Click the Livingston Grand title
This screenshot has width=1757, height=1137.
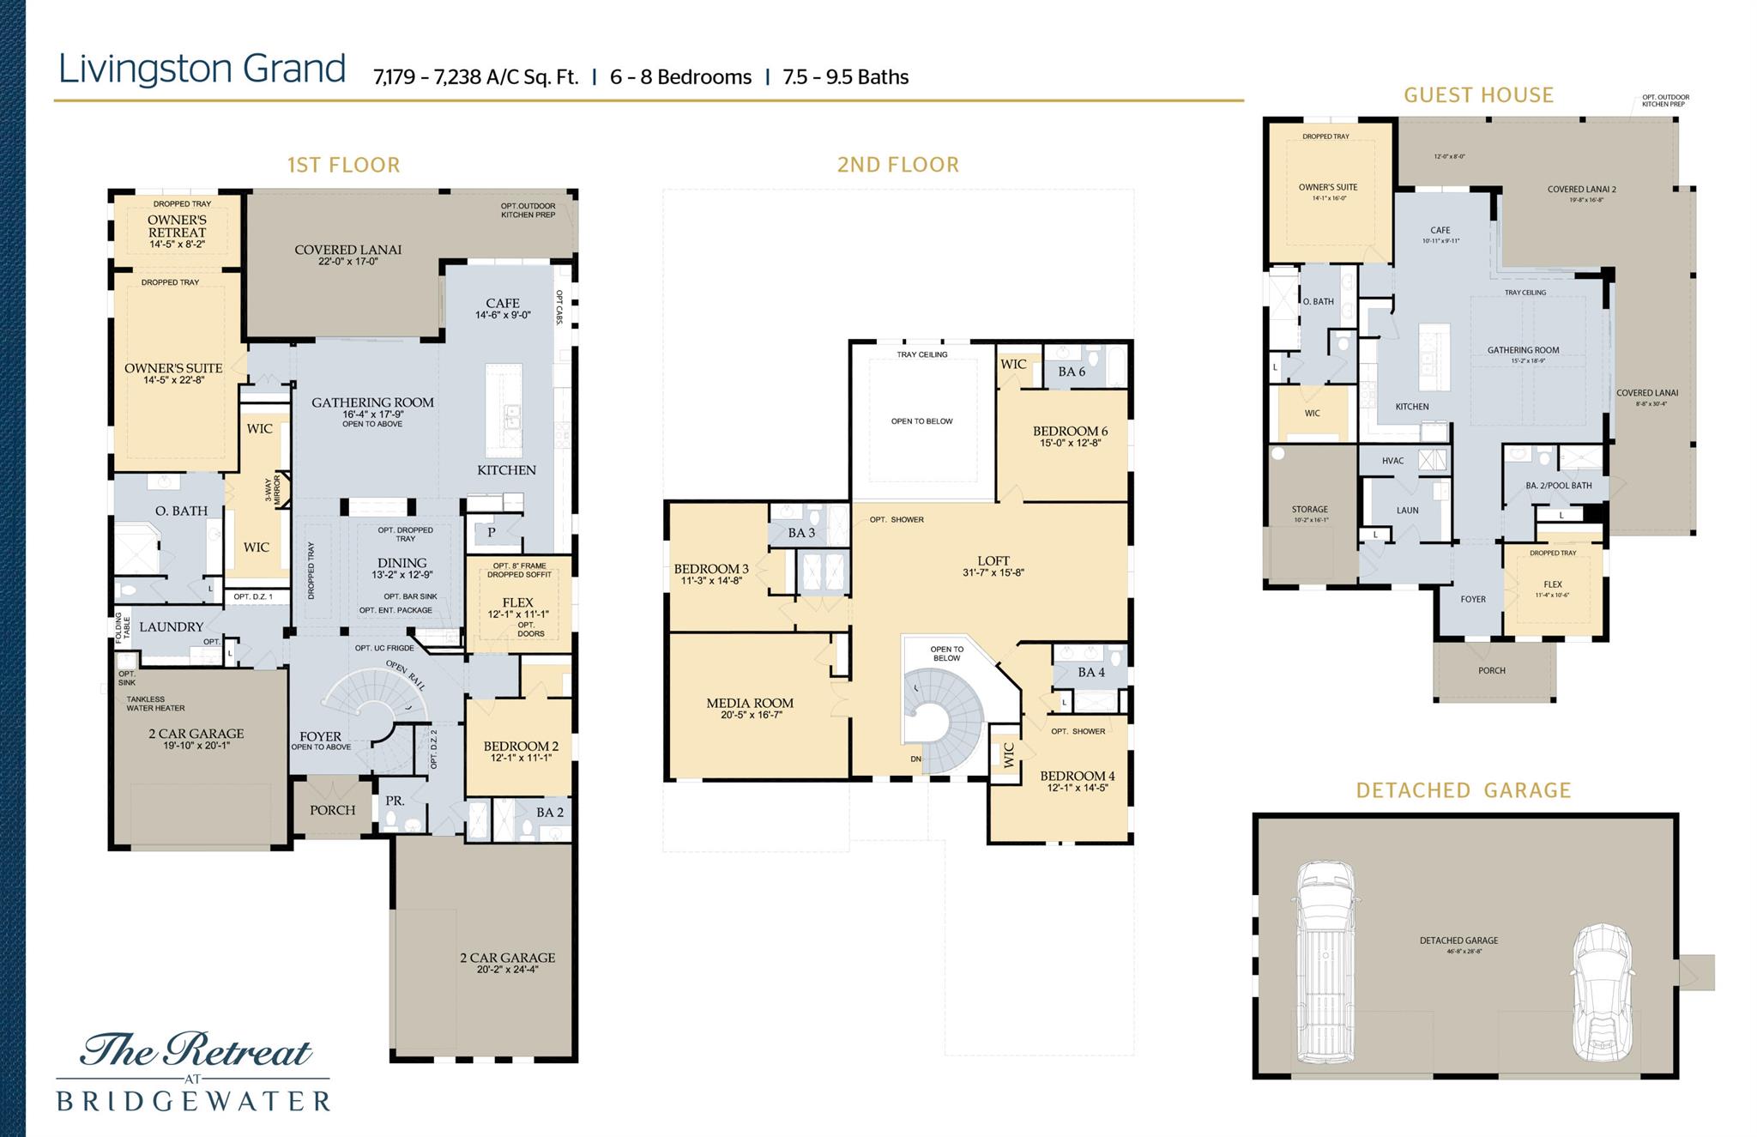point(202,70)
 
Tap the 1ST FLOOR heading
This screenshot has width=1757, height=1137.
point(343,165)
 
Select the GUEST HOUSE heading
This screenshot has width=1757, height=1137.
point(1478,95)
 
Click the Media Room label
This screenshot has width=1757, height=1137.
point(750,704)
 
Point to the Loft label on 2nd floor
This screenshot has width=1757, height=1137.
point(993,561)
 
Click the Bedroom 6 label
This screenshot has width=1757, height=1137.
point(1070,432)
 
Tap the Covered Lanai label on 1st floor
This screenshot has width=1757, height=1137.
point(347,251)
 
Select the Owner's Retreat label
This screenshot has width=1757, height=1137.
point(177,227)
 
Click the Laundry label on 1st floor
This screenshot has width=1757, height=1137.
point(172,627)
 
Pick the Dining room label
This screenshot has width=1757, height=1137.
point(402,564)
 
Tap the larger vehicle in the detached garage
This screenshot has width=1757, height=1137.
point(1325,961)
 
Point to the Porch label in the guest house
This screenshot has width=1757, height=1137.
point(1492,671)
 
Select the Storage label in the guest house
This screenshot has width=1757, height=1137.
point(1309,510)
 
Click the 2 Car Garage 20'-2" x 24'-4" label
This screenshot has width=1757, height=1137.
point(507,959)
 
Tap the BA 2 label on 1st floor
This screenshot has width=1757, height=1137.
point(550,813)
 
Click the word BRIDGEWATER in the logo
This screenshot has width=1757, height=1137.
point(193,1101)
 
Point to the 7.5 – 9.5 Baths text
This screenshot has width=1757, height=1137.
point(845,77)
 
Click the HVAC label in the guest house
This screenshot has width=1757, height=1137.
point(1392,461)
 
